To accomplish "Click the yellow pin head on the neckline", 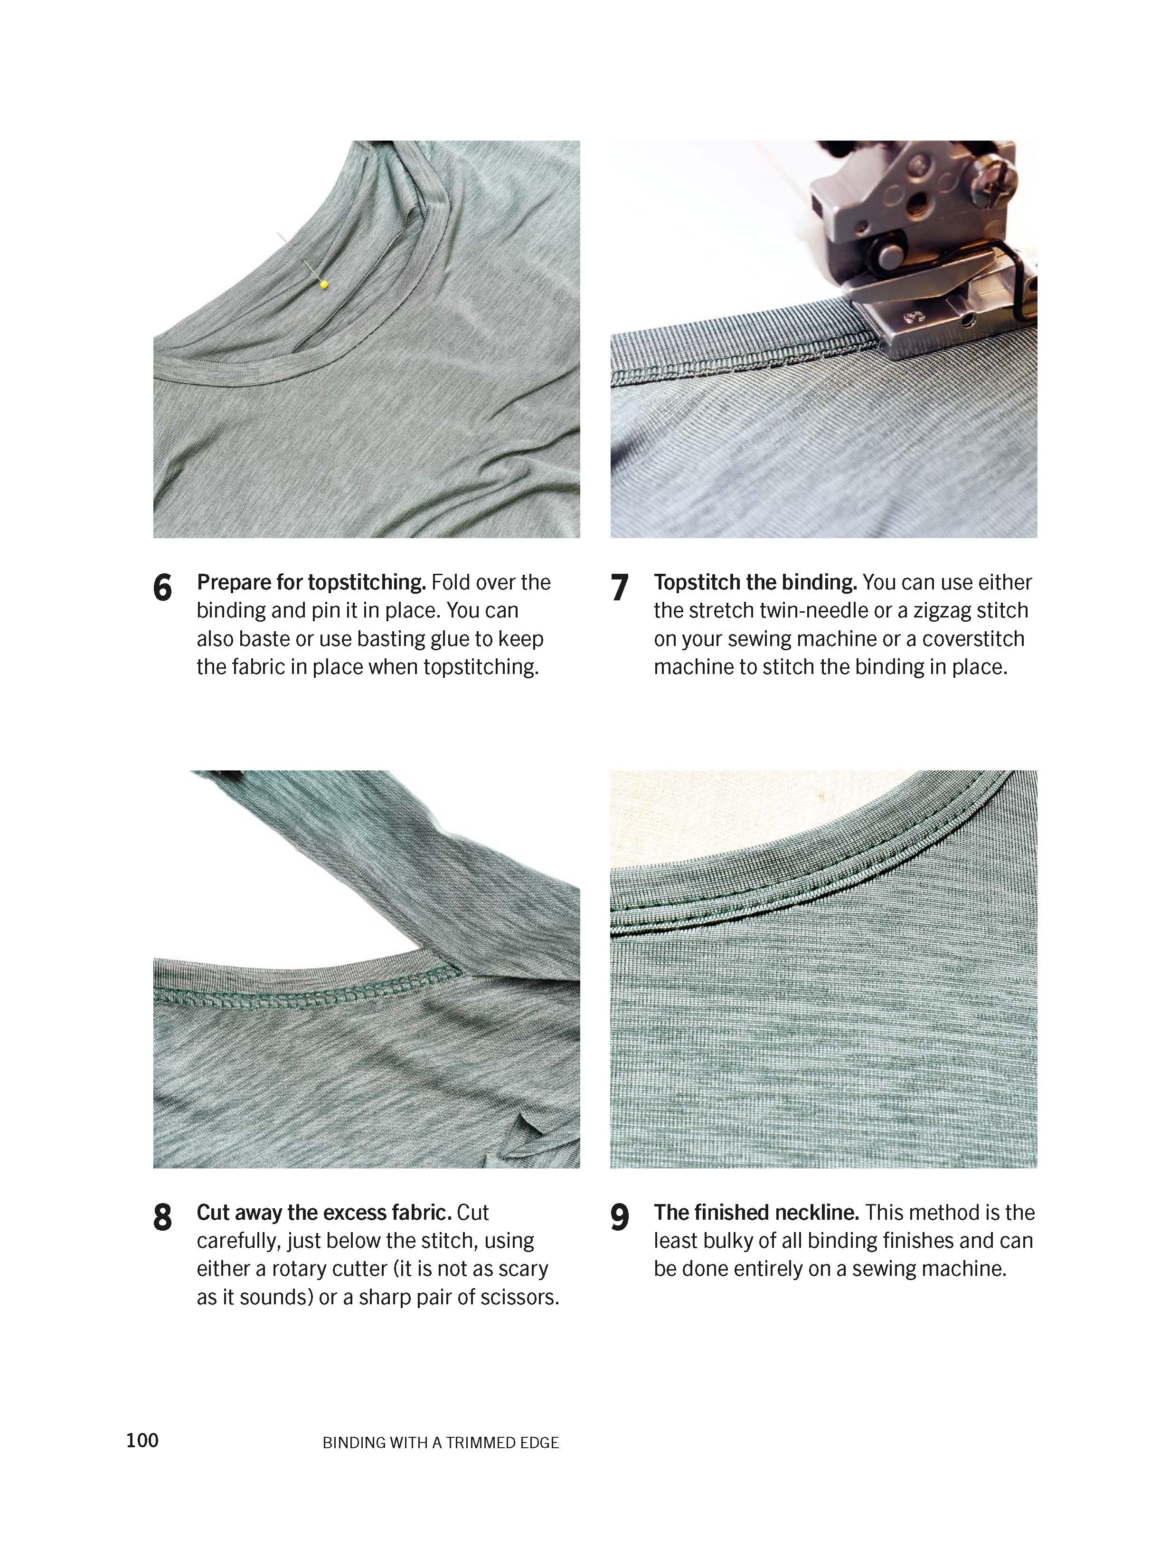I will pos(324,284).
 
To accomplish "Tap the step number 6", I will pos(162,588).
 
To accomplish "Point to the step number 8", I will pos(162,1217).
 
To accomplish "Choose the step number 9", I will pos(620,1217).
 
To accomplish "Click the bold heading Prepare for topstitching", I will pos(311,582).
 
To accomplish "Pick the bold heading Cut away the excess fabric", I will pos(324,1212).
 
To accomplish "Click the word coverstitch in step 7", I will pos(972,638).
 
